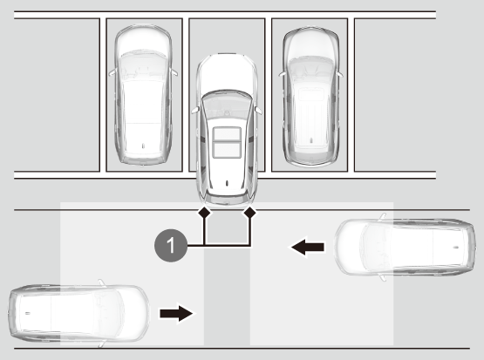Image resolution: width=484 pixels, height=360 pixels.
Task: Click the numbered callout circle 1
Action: (x=171, y=246)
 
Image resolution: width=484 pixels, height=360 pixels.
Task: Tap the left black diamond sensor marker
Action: (x=204, y=212)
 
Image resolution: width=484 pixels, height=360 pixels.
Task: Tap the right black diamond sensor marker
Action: (x=250, y=212)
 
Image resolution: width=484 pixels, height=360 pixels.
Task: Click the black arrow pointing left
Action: (x=308, y=247)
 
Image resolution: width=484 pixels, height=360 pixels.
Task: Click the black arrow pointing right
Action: (x=176, y=314)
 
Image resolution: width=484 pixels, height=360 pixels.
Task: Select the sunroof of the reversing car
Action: (x=227, y=143)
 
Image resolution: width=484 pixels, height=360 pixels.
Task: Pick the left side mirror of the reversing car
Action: (x=195, y=110)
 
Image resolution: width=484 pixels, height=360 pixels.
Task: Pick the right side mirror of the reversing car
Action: (x=258, y=110)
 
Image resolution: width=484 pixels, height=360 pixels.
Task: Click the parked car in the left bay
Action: (x=143, y=95)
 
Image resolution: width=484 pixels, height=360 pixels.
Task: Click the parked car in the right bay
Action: (x=311, y=97)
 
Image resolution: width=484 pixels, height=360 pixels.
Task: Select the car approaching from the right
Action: (x=405, y=247)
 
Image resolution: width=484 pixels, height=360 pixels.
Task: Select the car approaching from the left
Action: (x=79, y=313)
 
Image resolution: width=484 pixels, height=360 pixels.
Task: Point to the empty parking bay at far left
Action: (x=57, y=95)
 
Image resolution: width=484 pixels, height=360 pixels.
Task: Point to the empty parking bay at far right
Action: (x=395, y=95)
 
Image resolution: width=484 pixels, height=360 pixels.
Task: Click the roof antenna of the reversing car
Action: (x=227, y=183)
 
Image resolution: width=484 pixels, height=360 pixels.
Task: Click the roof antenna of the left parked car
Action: (x=143, y=146)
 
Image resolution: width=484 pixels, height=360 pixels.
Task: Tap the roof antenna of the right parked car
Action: (x=311, y=140)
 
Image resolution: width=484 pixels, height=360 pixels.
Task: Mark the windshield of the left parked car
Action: (x=143, y=66)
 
